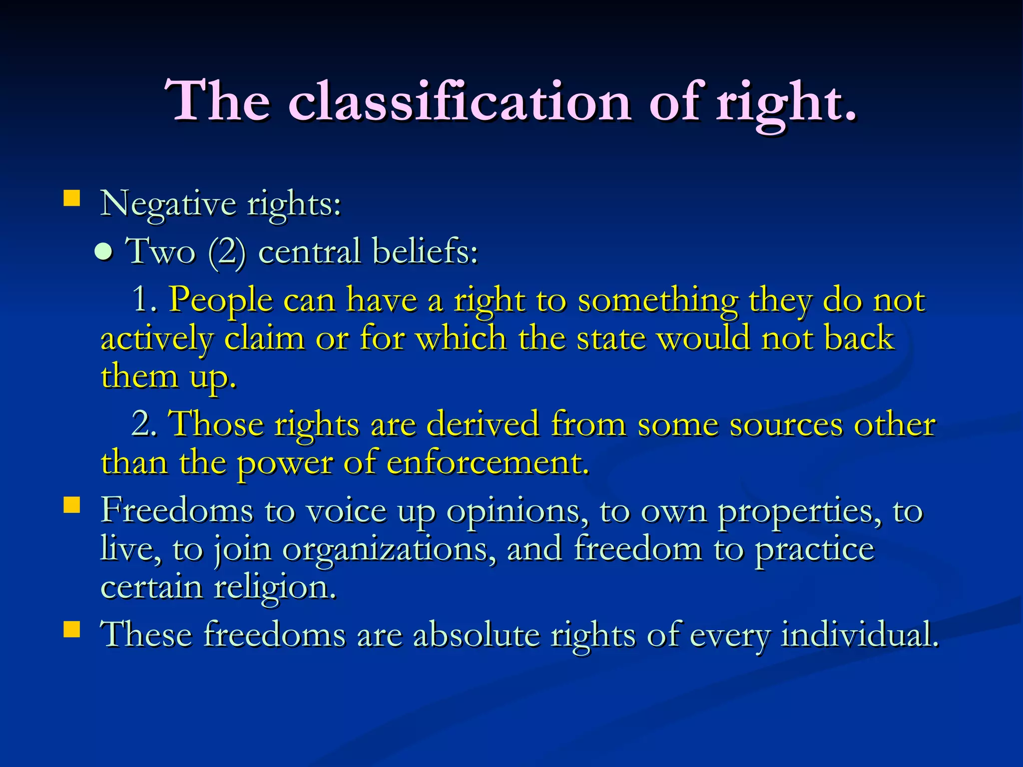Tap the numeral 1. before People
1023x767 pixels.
(x=144, y=300)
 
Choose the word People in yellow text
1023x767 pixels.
(x=220, y=301)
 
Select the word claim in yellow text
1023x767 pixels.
(x=264, y=338)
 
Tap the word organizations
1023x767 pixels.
(x=390, y=549)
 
